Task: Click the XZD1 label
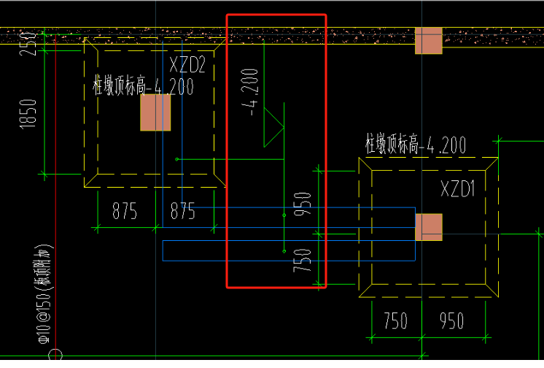pos(458,190)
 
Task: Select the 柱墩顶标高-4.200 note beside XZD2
pos(143,87)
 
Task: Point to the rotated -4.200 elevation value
pos(251,92)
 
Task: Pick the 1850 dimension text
pos(28,114)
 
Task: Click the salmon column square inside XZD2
pos(155,112)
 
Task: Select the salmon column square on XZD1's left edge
pos(429,227)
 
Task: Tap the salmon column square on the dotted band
pos(429,40)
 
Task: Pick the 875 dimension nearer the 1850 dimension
pos(125,212)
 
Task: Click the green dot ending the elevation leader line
pos(177,158)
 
